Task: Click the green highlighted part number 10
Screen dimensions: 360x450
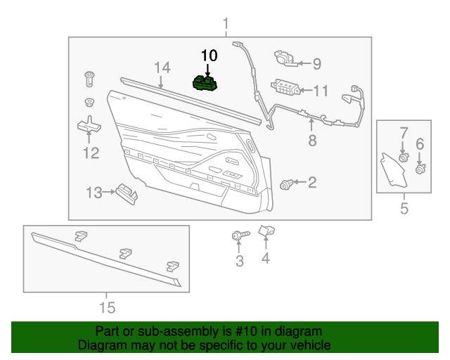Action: click(206, 84)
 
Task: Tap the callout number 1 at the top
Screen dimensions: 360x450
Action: click(226, 26)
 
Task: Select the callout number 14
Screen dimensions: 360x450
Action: click(162, 67)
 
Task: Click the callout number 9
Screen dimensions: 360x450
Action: click(316, 64)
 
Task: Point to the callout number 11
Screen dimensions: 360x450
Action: click(321, 91)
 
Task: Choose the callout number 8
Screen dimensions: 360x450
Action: click(312, 141)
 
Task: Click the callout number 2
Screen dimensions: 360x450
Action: click(311, 184)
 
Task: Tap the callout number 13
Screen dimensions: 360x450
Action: click(95, 191)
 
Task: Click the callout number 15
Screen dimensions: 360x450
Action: click(106, 307)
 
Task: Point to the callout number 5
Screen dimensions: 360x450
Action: click(404, 208)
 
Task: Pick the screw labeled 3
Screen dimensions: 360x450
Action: click(237, 236)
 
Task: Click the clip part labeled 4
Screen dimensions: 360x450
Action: click(266, 231)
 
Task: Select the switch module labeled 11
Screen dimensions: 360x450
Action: click(285, 88)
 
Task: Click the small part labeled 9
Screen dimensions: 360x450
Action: click(285, 57)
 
